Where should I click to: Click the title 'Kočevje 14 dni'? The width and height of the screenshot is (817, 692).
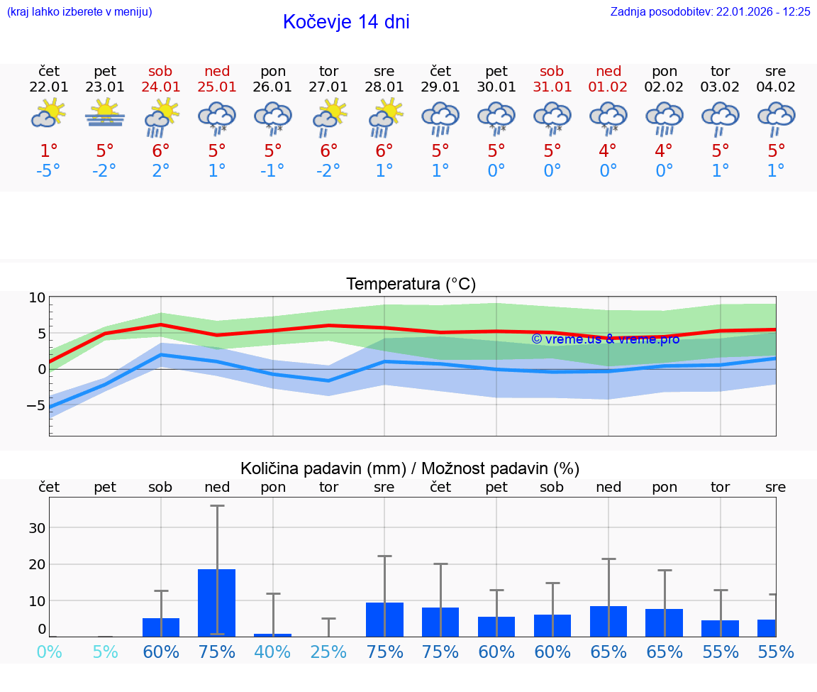[346, 22]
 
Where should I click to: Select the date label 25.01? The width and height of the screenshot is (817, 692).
[217, 87]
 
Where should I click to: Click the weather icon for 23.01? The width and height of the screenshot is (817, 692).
[105, 114]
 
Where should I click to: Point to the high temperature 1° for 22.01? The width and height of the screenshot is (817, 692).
[49, 150]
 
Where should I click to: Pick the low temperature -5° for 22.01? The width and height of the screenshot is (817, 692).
[49, 171]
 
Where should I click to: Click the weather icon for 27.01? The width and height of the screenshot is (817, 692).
[329, 115]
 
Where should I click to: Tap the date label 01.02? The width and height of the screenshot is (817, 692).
[608, 87]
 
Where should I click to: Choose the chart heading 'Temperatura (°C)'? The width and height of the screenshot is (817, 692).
[411, 285]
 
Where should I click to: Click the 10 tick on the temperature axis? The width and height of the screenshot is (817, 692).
[37, 298]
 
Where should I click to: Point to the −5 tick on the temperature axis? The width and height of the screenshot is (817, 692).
[35, 406]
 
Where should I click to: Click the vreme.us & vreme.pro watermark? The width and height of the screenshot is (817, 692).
[605, 339]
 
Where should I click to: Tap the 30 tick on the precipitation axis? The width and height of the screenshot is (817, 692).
[37, 528]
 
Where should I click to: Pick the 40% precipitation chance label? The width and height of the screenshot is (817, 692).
[273, 652]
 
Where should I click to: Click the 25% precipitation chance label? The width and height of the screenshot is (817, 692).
[329, 652]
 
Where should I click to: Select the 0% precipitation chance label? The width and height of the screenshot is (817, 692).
[49, 652]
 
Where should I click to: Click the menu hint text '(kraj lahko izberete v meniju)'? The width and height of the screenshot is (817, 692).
[79, 12]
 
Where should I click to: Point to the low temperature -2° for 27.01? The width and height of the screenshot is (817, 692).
[329, 171]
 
